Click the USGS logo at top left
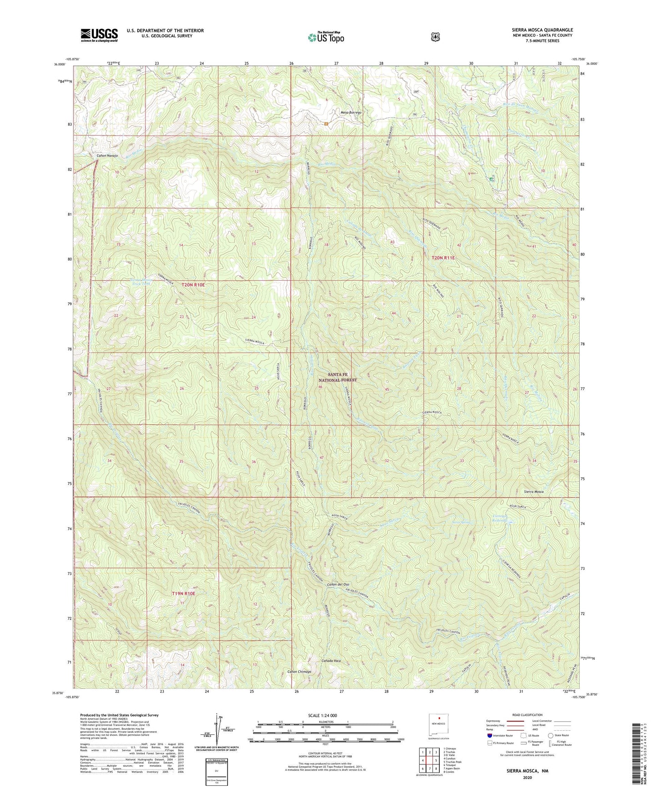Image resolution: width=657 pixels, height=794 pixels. click(x=99, y=35)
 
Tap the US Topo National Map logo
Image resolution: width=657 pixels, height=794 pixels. click(x=325, y=37)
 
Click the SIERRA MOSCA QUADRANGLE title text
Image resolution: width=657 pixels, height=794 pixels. click(x=535, y=30)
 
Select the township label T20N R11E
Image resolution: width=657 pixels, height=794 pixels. click(x=443, y=258)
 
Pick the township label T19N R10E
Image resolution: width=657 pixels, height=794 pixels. click(x=183, y=593)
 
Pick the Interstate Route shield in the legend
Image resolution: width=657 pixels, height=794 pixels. click(x=489, y=748)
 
